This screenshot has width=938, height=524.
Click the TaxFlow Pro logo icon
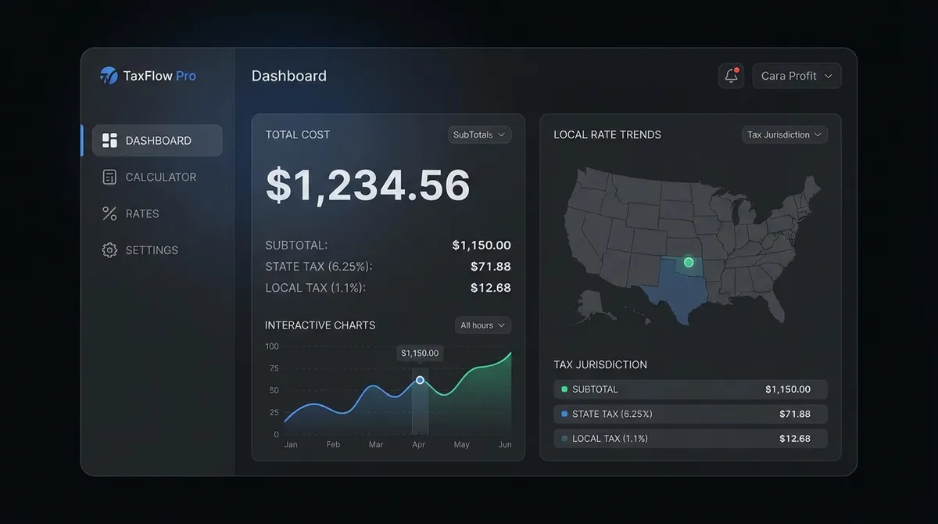pos(109,76)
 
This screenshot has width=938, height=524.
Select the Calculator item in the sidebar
pos(149,178)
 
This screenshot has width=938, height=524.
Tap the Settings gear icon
pos(109,250)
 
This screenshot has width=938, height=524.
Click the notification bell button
pos(731,76)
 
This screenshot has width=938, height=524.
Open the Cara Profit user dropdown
pos(797,76)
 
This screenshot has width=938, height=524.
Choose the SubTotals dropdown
pos(479,135)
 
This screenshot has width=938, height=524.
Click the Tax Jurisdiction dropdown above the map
pos(784,135)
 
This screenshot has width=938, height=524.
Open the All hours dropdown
pos(482,325)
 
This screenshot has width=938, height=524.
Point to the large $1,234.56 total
pos(367,185)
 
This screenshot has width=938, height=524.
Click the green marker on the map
pos(689,262)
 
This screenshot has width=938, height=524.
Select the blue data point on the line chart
pos(420,380)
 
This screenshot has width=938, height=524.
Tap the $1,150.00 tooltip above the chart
pos(420,354)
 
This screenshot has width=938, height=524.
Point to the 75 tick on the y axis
pos(273,368)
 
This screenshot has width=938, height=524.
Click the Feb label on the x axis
pos(333,444)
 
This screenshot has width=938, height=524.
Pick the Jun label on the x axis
pos(505,444)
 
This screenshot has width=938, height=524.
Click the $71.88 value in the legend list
pos(794,414)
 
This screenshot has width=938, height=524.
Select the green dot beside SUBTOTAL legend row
pos(564,389)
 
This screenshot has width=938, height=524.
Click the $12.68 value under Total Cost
pos(490,288)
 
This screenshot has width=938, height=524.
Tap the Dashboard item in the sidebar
pos(157,141)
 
